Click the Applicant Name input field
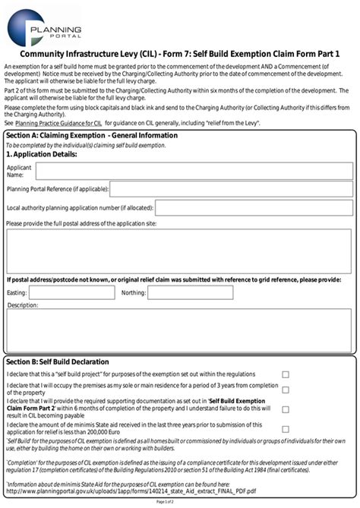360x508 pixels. point(194,171)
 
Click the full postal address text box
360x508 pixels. point(179,251)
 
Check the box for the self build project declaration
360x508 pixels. point(286,374)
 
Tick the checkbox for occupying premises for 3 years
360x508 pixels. point(286,390)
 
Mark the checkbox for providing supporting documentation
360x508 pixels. point(286,409)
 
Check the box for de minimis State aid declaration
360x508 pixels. point(286,428)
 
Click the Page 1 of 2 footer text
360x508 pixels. point(180,503)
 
